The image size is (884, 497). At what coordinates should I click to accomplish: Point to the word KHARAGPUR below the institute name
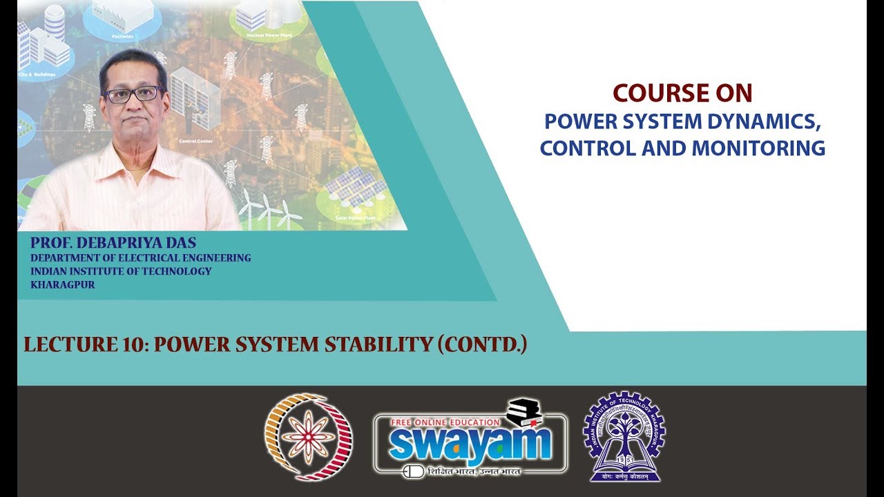63,284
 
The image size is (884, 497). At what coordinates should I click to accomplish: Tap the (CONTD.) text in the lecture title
483,344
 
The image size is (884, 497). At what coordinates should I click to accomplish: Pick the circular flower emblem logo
308,437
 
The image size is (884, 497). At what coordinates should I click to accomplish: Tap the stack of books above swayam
524,412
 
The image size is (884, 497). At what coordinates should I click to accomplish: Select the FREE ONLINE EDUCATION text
445,422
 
